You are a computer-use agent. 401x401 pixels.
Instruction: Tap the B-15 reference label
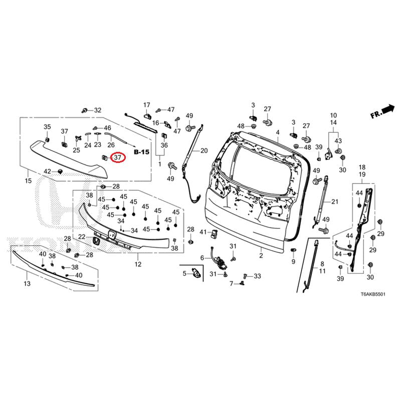click(x=141, y=151)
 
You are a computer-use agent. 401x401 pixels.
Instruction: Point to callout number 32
click(x=97, y=110)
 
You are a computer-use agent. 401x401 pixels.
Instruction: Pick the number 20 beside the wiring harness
click(x=204, y=150)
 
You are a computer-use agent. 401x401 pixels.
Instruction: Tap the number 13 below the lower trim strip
click(x=27, y=284)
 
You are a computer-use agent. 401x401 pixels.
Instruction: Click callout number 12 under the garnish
click(x=138, y=264)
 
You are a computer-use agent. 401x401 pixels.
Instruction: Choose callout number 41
click(x=203, y=232)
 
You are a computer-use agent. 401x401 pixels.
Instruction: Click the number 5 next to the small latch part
click(x=184, y=273)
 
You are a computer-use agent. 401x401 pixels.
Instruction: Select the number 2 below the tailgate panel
click(x=261, y=256)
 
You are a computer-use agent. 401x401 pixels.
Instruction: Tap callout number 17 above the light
click(x=147, y=105)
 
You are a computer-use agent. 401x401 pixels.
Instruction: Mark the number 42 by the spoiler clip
click(x=47, y=171)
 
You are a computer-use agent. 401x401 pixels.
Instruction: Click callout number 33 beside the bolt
click(x=257, y=276)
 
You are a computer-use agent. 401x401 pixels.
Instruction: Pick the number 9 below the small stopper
click(x=293, y=262)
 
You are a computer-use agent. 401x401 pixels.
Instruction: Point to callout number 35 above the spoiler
click(x=47, y=126)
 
